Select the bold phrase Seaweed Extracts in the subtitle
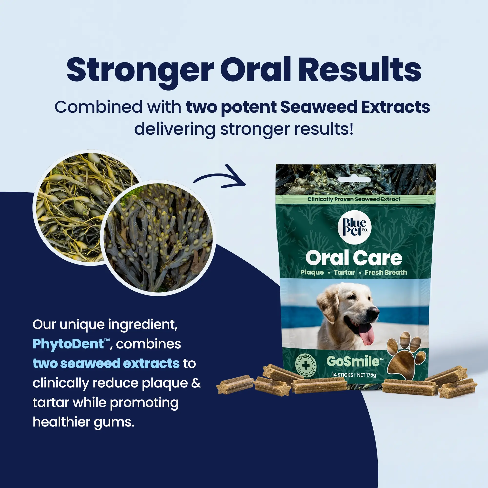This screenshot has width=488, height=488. (x=355, y=107)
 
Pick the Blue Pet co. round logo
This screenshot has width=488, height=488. (x=354, y=227)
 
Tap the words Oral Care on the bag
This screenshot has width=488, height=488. (x=354, y=258)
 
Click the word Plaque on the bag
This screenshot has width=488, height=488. (x=312, y=273)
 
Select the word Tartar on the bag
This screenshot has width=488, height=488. (x=344, y=272)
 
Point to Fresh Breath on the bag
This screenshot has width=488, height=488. (x=386, y=272)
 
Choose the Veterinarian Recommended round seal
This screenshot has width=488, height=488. (x=306, y=365)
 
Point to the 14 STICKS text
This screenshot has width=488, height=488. (x=343, y=375)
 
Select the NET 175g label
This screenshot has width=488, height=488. (x=366, y=375)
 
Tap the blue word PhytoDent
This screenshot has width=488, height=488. (x=68, y=344)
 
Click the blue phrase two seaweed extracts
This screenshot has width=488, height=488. (x=106, y=363)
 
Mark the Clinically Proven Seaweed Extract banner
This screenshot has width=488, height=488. (x=354, y=199)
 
